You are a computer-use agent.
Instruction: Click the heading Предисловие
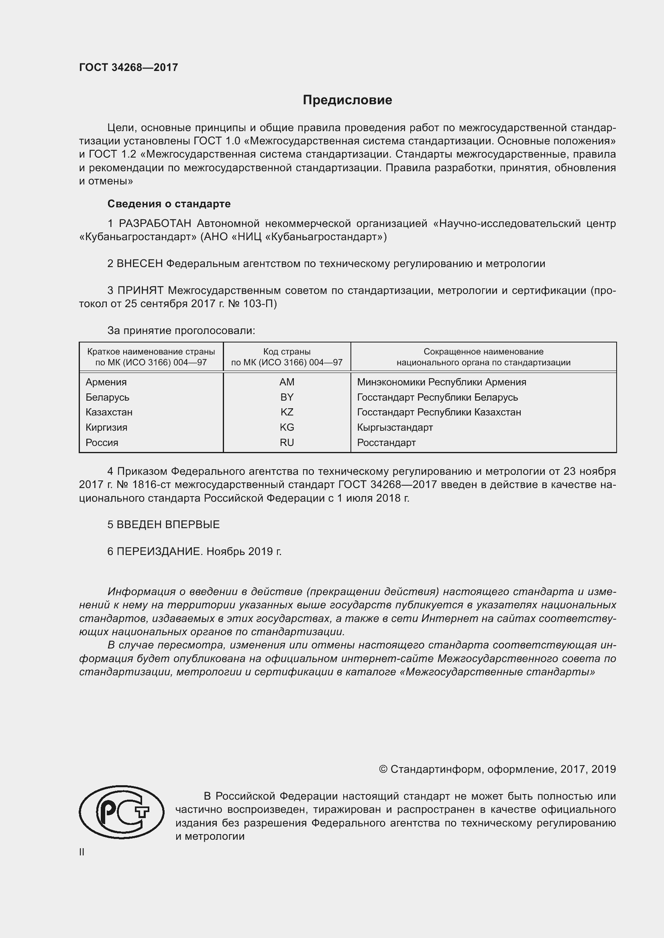pos(347,100)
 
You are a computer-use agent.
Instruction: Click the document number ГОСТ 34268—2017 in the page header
pos(128,67)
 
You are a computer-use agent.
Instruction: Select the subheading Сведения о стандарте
pos(169,203)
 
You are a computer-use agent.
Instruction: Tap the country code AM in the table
pos(287,382)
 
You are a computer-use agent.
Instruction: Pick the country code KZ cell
pos(287,412)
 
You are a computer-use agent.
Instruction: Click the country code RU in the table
pos(287,442)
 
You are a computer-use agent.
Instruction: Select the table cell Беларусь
pos(107,397)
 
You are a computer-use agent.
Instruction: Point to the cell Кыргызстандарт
pos(395,427)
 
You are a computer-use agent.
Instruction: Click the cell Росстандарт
pos(386,442)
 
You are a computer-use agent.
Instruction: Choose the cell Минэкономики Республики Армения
pos(441,382)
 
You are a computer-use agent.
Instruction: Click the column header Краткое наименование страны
pos(151,352)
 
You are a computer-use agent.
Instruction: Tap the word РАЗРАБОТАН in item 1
pos(155,223)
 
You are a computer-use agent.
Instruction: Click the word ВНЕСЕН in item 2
pos(140,263)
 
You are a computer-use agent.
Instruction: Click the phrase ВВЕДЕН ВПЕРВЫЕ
pos(168,525)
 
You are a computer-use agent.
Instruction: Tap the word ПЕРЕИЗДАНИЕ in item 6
pos(159,551)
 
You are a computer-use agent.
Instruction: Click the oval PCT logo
pos(121,812)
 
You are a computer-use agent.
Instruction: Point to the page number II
pos(82,852)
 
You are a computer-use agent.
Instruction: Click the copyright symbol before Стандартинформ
pos(383,769)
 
